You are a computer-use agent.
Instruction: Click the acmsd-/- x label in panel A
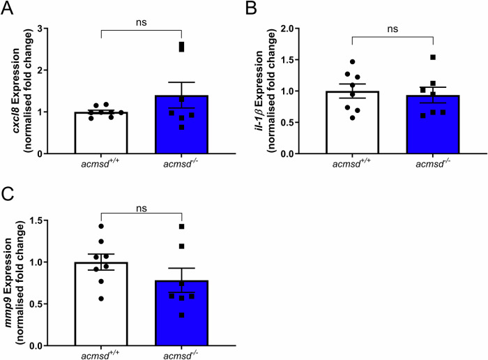pyautogui.click(x=181, y=165)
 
